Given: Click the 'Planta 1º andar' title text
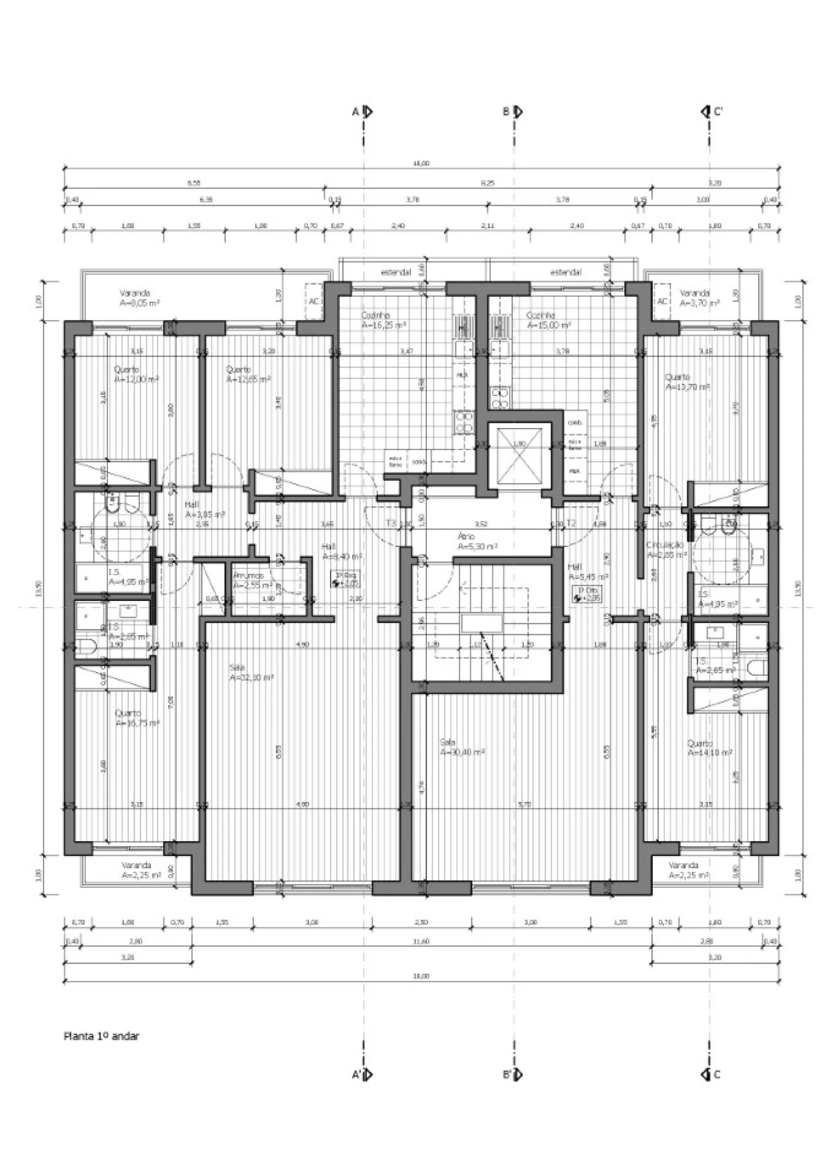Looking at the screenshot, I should point(101,1036).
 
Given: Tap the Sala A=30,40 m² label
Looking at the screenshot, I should point(461,747).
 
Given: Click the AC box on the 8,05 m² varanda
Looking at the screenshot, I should point(314,301).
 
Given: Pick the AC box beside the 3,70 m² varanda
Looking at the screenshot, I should point(662,301).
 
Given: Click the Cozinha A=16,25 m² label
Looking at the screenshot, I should point(384,319).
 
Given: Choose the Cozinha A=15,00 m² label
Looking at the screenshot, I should point(548,319).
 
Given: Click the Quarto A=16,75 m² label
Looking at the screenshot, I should point(137,718).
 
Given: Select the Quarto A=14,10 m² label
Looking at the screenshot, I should point(710,748).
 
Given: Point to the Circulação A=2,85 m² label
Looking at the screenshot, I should point(666,550).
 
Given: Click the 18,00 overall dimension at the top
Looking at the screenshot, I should point(421,164).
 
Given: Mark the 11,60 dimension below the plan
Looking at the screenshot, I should point(421,941).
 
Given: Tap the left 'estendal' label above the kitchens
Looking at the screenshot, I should point(396,272).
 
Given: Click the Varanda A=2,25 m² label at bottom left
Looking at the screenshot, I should point(141,870).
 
